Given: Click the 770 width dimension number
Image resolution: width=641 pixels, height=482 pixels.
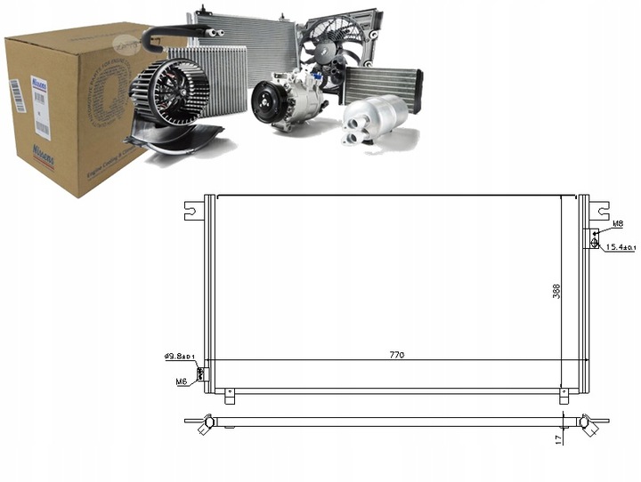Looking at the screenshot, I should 396,355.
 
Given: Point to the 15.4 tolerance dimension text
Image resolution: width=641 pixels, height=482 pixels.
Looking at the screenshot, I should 621,246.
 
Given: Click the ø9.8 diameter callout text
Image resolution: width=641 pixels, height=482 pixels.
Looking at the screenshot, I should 179,356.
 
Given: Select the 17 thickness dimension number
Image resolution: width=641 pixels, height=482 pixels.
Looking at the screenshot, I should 557,437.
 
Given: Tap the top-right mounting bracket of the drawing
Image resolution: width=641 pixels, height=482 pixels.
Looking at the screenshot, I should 596,211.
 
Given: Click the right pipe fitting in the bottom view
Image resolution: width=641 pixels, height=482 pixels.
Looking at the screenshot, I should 588,424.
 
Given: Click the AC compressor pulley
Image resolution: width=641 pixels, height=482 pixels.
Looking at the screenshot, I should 265,100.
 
